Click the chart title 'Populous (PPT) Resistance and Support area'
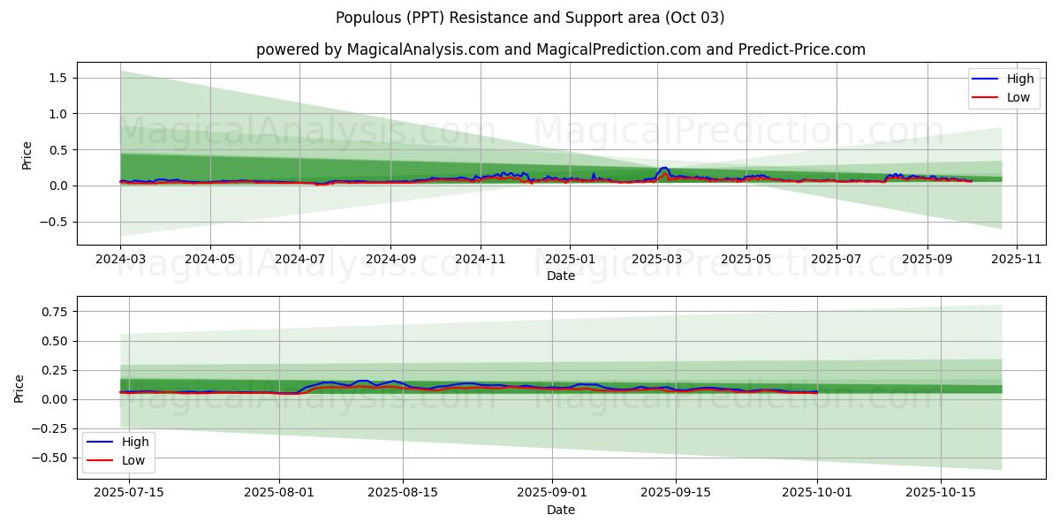tap(530, 18)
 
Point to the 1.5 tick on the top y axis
tap(59, 78)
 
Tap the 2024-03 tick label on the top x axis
tap(121, 260)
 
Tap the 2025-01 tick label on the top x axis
tap(569, 260)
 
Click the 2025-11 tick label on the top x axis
tap(1017, 260)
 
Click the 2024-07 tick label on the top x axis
tap(299, 260)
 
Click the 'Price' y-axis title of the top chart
tap(26, 155)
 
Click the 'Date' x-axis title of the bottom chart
tap(560, 510)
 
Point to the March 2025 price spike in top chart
tap(663, 168)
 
